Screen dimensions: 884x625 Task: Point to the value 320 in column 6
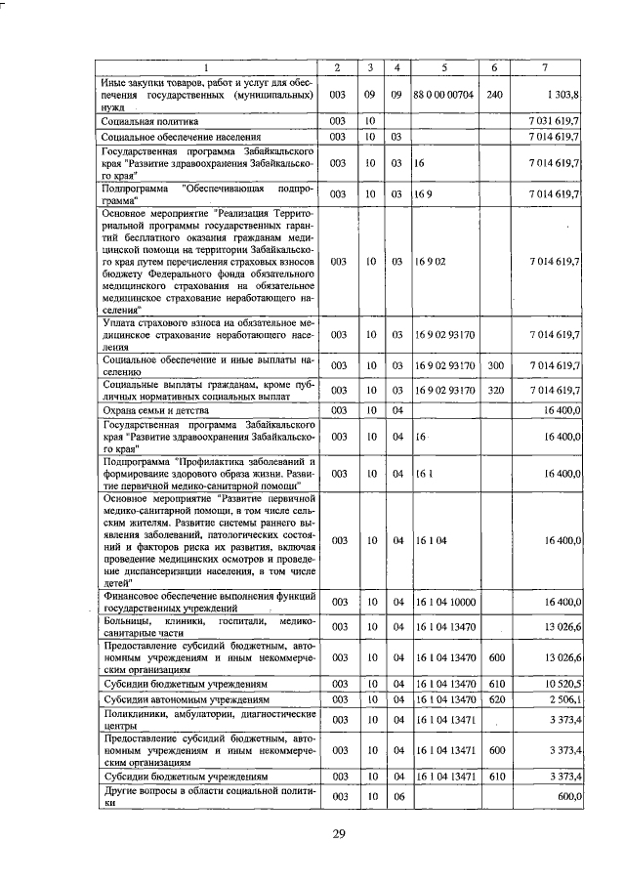click(x=494, y=391)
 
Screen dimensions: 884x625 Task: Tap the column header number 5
click(x=444, y=66)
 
